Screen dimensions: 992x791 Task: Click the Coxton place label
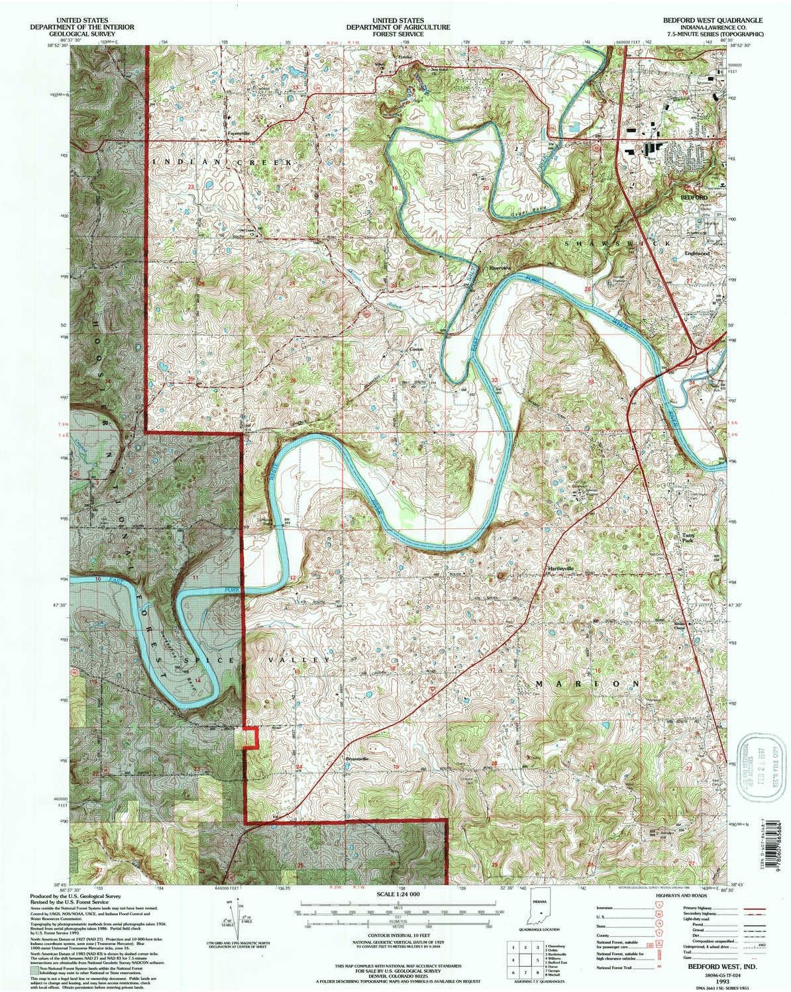coord(415,349)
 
